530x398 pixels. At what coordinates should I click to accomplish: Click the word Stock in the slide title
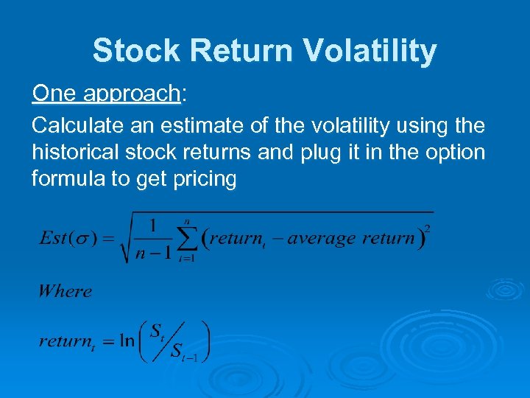click(x=136, y=52)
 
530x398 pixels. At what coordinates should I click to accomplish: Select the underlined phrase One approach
click(x=106, y=94)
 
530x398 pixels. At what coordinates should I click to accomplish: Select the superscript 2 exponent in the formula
click(x=428, y=229)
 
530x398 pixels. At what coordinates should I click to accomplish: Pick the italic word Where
click(x=65, y=290)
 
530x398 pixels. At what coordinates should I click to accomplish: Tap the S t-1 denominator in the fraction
click(x=185, y=352)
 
